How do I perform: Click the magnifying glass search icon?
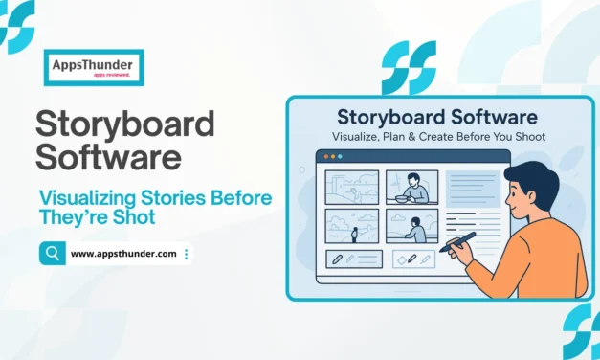point(51,253)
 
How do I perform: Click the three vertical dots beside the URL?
point(186,254)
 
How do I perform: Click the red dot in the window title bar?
point(325,156)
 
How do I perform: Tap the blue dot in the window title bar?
point(339,156)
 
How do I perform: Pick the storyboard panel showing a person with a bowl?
point(411,187)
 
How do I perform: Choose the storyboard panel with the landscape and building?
point(353,187)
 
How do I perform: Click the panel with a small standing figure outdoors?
point(353,226)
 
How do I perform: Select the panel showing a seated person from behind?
point(411,226)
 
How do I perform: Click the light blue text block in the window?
point(474,189)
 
